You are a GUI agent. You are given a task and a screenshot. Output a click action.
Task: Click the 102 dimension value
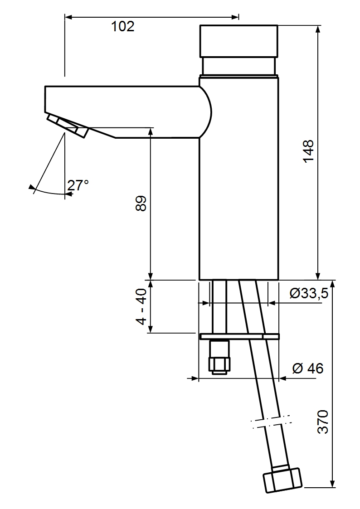point(123,27)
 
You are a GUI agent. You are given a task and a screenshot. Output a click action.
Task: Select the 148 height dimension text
point(308,151)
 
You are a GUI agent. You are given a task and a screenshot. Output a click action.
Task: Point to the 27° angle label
point(78,185)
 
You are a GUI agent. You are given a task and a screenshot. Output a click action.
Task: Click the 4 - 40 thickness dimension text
point(141,307)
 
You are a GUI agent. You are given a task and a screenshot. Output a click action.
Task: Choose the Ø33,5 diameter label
point(309,294)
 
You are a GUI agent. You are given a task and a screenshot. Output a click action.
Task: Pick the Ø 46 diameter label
point(308,368)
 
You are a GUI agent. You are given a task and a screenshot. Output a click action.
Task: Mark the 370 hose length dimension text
point(322,422)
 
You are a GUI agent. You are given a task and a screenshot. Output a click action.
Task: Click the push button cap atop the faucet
point(238,41)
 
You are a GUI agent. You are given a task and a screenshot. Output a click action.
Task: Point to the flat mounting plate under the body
point(239,336)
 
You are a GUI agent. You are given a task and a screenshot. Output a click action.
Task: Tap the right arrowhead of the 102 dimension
point(236,17)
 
